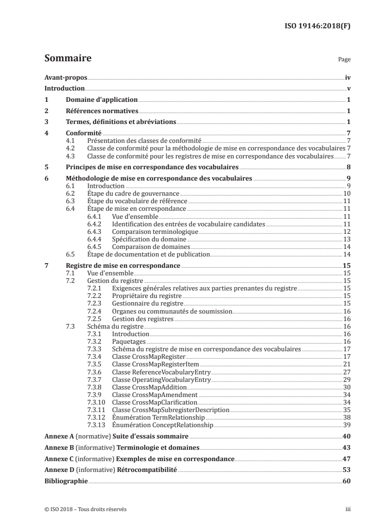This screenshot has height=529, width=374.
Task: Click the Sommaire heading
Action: pos(67,59)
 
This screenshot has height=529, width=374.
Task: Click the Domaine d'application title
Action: pos(101,99)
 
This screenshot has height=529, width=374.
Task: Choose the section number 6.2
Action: pos(70,193)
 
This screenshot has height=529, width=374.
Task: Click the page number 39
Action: pos(347,425)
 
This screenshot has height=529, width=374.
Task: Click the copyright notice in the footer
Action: pos(85,510)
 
